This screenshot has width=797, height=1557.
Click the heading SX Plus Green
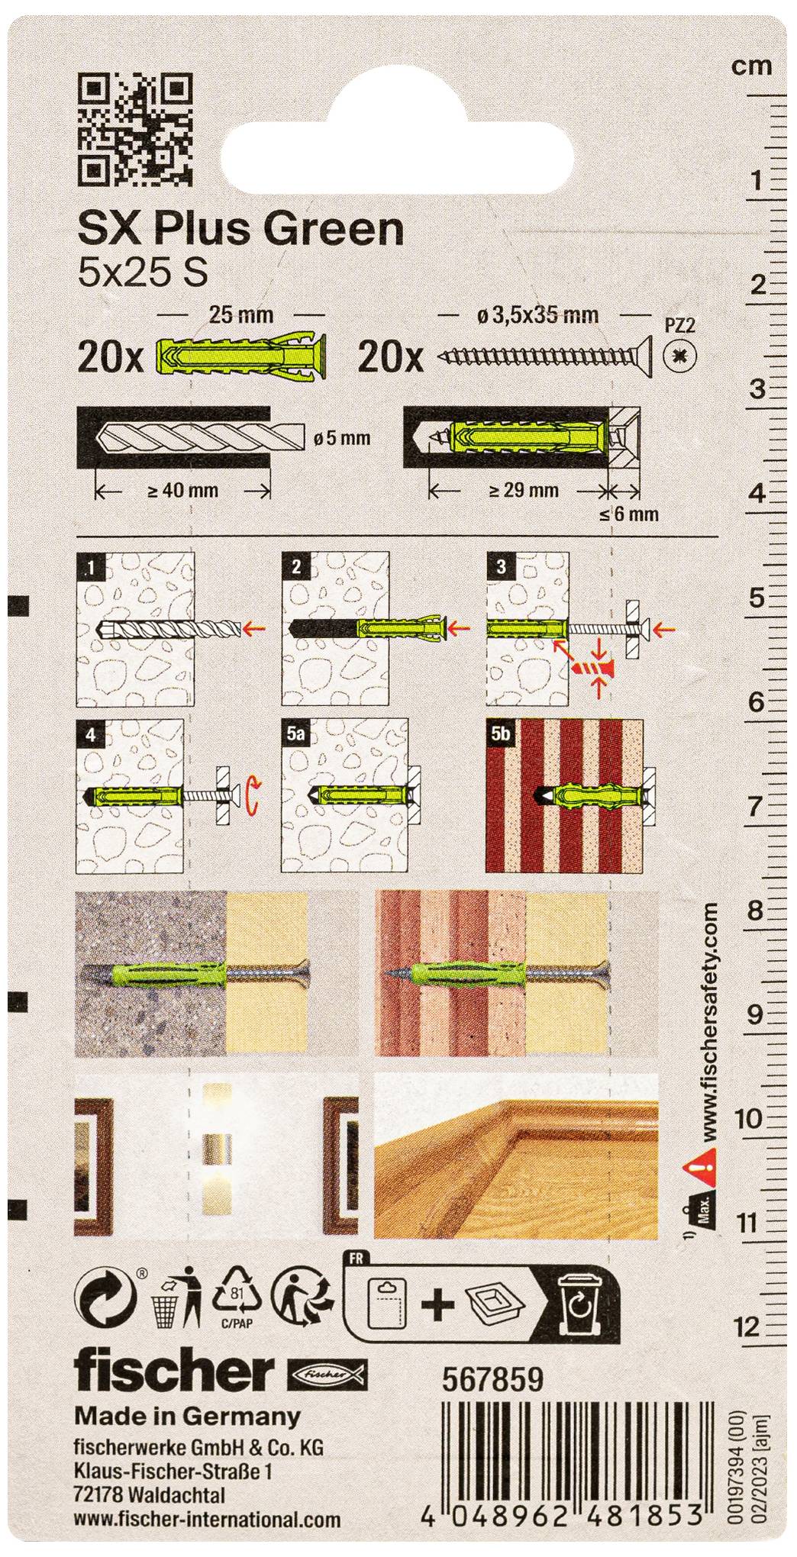click(x=240, y=228)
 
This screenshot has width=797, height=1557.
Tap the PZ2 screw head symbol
click(x=676, y=356)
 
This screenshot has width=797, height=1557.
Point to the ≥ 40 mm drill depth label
click(x=182, y=491)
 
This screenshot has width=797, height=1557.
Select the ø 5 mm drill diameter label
click(x=342, y=438)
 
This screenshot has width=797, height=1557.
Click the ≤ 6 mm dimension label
click(x=628, y=514)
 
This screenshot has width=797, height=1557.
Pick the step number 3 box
click(x=502, y=566)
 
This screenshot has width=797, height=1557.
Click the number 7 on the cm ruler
click(x=754, y=806)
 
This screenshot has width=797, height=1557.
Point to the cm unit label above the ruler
click(x=751, y=66)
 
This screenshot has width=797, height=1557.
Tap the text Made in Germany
click(x=187, y=1417)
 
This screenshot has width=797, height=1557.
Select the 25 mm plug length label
click(x=240, y=314)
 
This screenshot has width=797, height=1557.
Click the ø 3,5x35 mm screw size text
click(x=537, y=314)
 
